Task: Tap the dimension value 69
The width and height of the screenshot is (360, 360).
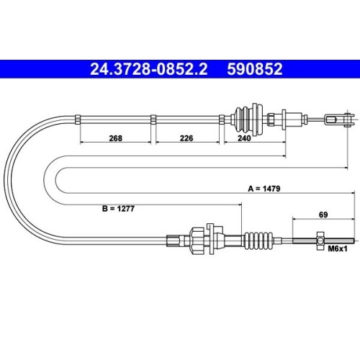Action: (x=325, y=214)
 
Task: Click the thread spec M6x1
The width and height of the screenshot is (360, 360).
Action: (x=337, y=249)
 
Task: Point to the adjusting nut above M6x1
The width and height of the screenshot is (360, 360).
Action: (x=318, y=239)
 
